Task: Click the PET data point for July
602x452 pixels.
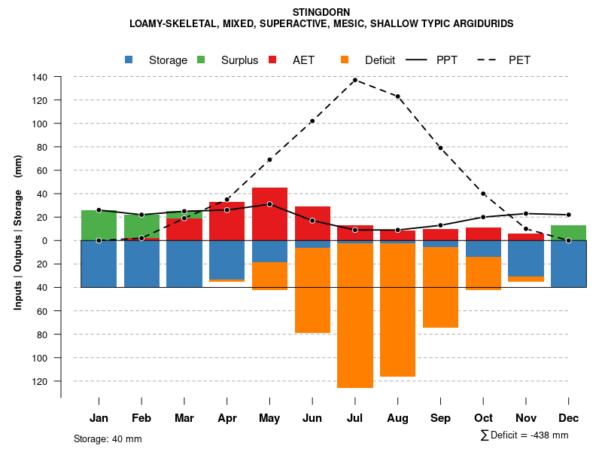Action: pos(354,80)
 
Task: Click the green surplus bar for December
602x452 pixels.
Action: pos(569,232)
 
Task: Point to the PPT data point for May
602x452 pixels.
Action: pos(269,204)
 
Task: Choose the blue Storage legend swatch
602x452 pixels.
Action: pos(129,60)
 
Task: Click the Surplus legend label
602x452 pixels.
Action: pos(239,60)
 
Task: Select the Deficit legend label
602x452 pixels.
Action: pos(380,60)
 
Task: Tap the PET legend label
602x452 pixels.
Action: pos(519,60)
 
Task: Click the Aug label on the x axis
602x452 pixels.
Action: pos(397,418)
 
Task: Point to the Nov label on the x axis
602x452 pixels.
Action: pos(526,418)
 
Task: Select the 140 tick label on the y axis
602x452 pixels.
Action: pos(40,77)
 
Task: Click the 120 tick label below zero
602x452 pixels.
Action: pos(40,381)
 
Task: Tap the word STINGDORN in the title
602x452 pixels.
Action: pos(321,12)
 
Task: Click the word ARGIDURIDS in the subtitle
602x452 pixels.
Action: pos(477,24)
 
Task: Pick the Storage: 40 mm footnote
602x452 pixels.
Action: pos(108,438)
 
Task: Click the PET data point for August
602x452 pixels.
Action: pos(397,96)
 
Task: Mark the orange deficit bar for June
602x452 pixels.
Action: pos(312,290)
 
